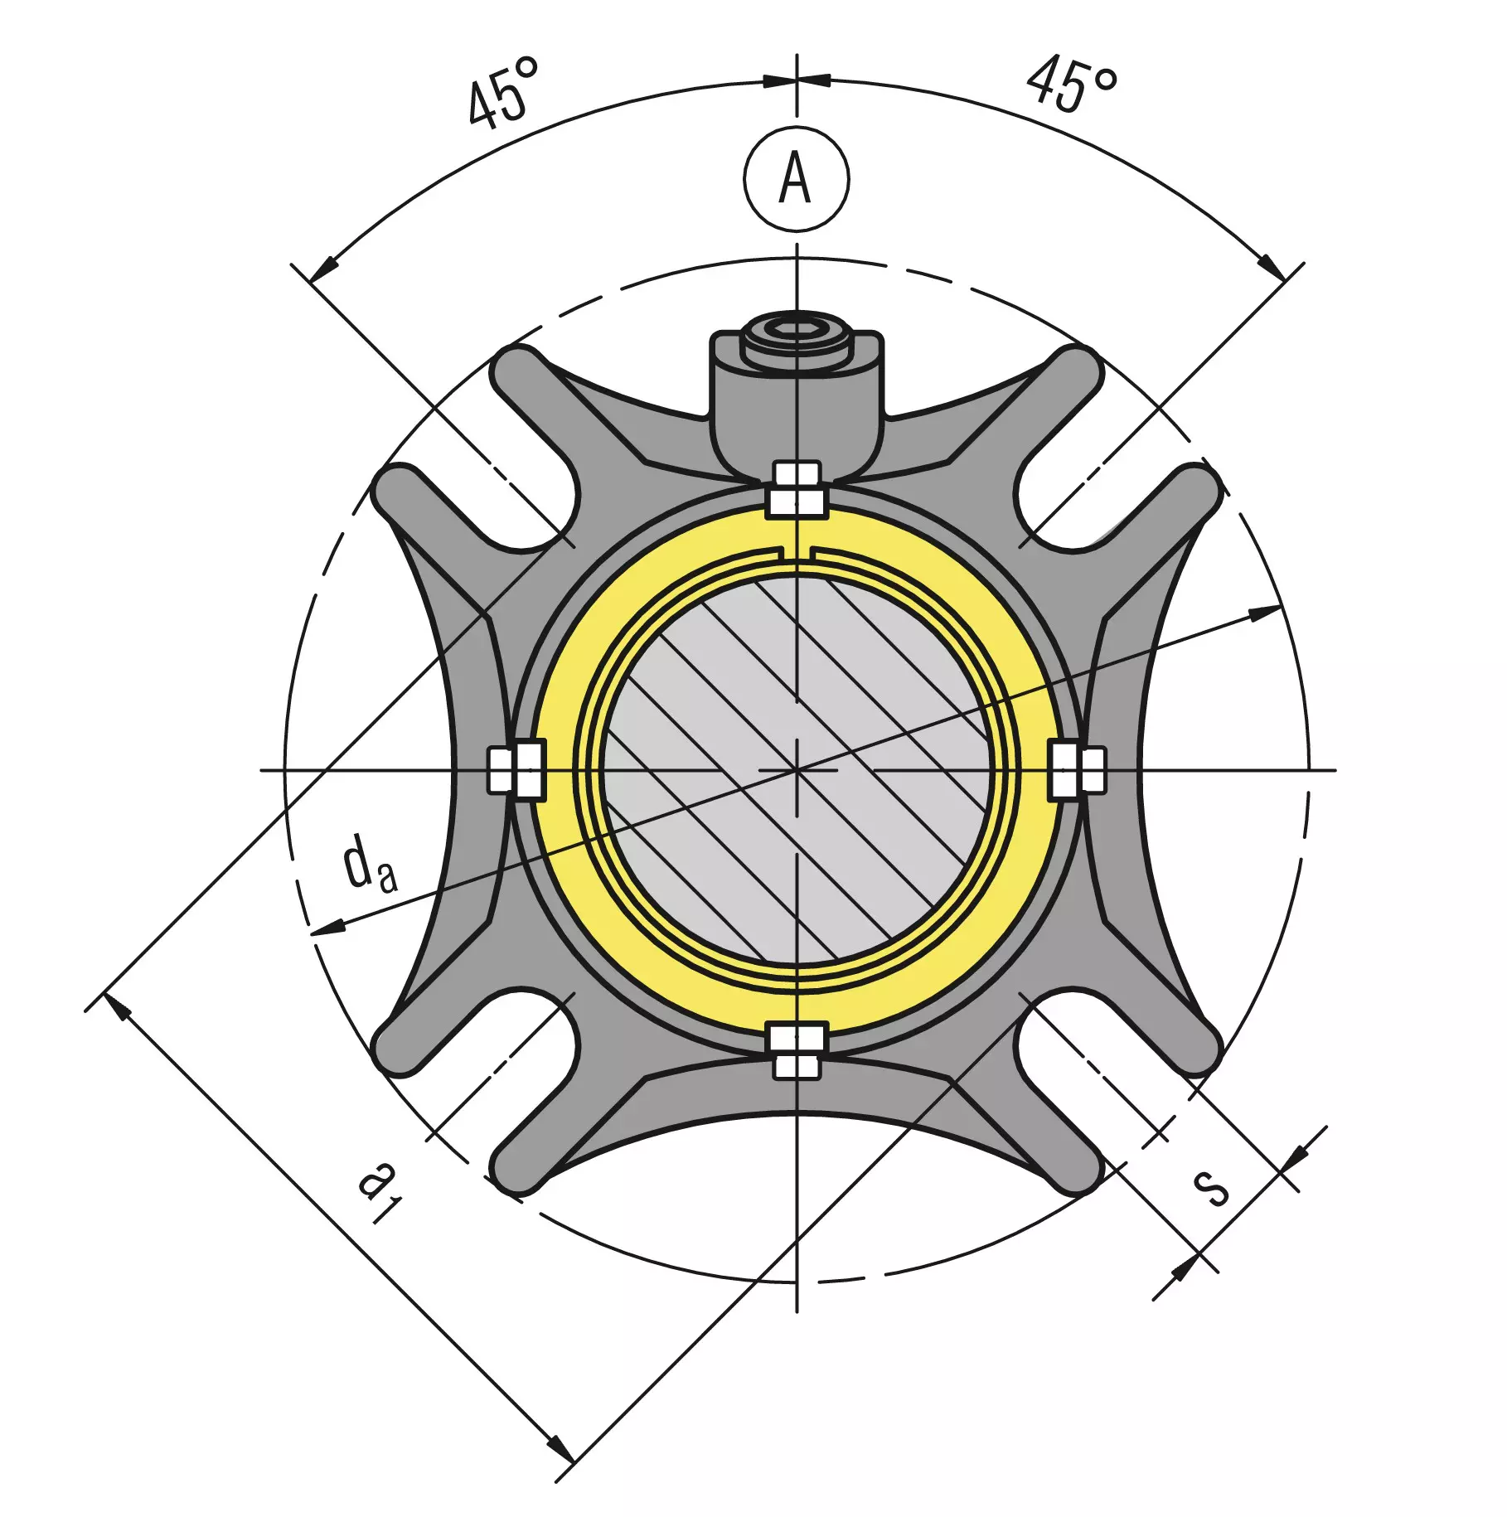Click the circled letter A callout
point(796,179)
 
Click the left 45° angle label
point(502,93)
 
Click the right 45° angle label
point(1072,83)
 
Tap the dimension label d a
point(370,864)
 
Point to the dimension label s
point(1211,1188)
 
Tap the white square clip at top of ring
point(796,490)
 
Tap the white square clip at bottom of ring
point(796,1051)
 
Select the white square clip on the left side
point(516,770)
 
